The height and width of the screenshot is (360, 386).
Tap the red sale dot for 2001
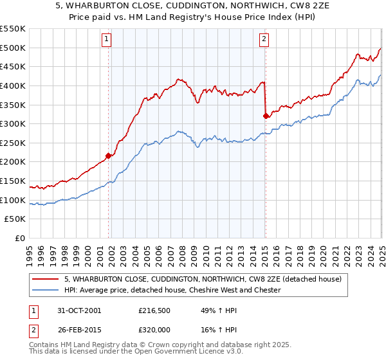click(x=109, y=155)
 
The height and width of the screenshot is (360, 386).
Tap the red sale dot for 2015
click(x=266, y=116)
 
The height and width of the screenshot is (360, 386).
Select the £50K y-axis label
click(x=15, y=219)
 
